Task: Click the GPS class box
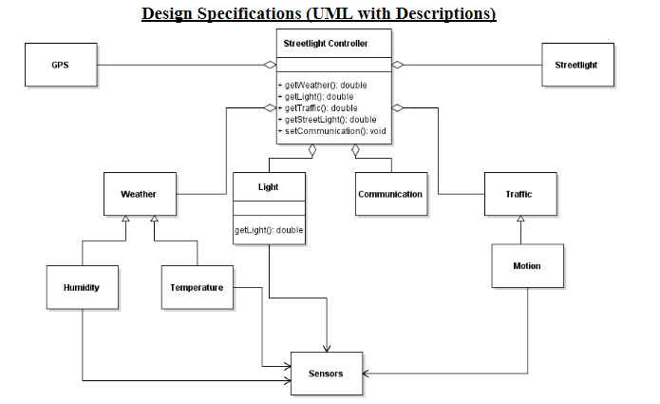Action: pos(60,65)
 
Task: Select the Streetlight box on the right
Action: pos(576,65)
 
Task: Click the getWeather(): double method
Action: pos(326,86)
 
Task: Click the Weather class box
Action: pos(139,194)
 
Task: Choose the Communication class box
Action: pos(390,194)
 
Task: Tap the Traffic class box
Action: pos(519,194)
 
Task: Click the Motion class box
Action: pos(527,265)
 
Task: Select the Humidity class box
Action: pos(82,287)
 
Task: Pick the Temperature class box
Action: pos(197,287)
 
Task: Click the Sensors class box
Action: pos(326,374)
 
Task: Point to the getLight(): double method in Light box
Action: pos(269,230)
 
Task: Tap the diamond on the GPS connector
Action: pos(270,65)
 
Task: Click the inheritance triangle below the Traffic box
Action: pos(519,221)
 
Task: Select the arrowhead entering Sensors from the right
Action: pos(367,374)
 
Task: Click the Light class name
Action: pos(269,186)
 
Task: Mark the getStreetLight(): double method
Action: pos(330,120)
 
